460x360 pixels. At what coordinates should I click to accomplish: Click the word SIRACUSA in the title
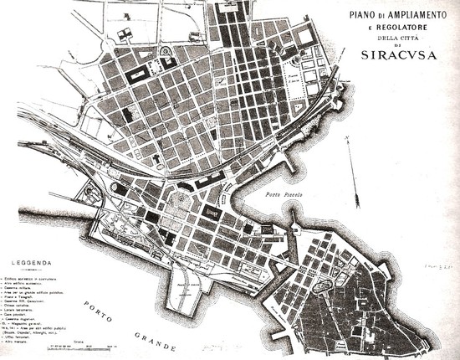[x=395, y=56]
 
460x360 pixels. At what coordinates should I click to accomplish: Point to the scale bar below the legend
[x=72, y=345]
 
